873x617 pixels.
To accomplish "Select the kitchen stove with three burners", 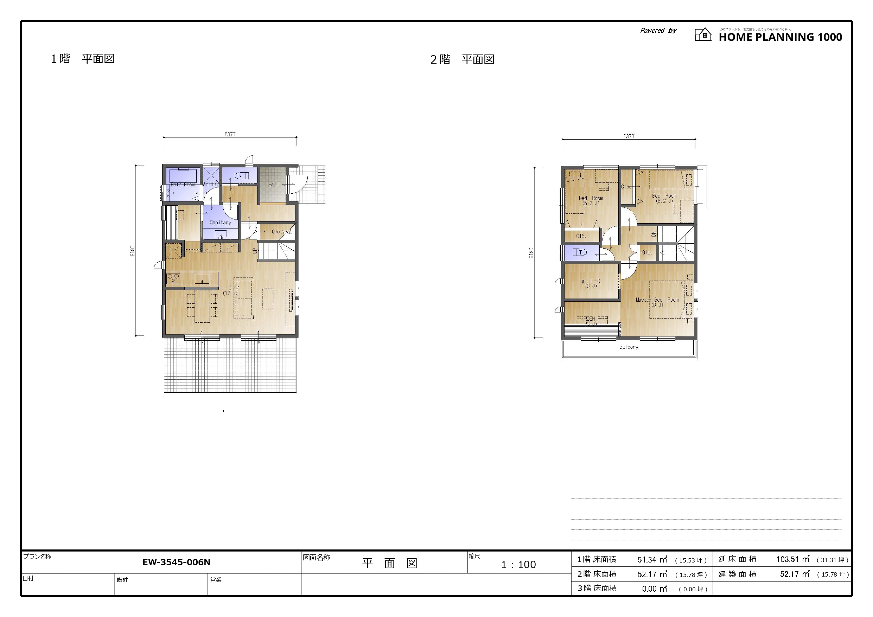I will tap(173, 278).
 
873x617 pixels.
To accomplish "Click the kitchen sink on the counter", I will tap(202, 279).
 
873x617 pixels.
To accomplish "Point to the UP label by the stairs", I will tap(255, 251).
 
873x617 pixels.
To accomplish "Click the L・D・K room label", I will tap(230, 290).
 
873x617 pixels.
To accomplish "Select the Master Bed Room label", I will tap(657, 302).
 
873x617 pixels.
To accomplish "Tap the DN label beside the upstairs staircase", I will tap(654, 234).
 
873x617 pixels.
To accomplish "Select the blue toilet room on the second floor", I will tap(581, 252).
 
